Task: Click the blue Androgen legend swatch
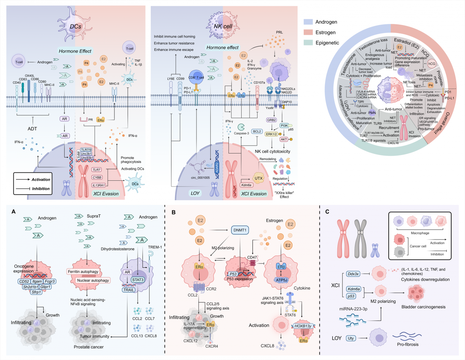click(308, 22)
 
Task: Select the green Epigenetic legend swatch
click(308, 42)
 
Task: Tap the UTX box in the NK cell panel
click(258, 178)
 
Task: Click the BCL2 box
click(257, 131)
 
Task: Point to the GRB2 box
click(271, 120)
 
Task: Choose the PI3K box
click(284, 126)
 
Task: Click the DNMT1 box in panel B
click(240, 230)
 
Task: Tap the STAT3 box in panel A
click(138, 280)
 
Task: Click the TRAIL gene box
click(129, 290)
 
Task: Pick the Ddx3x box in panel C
click(353, 274)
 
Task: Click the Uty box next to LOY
click(351, 338)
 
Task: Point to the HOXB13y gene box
click(303, 326)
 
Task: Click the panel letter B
click(174, 212)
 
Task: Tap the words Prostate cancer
click(89, 347)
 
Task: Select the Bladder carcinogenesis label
click(423, 307)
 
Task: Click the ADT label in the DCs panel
click(32, 128)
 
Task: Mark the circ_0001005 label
click(200, 178)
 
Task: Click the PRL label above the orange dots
click(279, 32)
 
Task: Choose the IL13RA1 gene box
click(98, 185)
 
